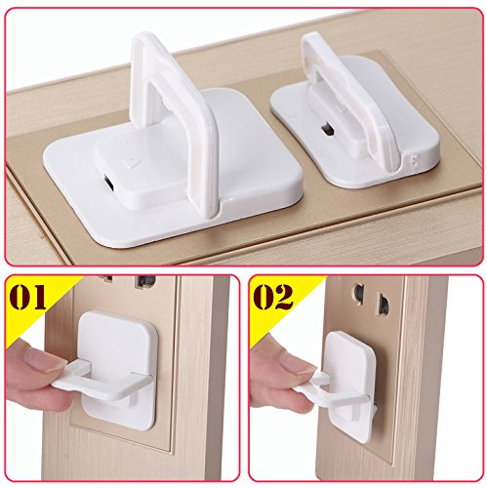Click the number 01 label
[27, 298]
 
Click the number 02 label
[273, 297]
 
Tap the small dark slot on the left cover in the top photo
[109, 183]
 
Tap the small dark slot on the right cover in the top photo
[326, 130]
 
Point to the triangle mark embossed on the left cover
[132, 162]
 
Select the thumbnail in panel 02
[294, 360]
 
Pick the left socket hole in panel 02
[358, 294]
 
